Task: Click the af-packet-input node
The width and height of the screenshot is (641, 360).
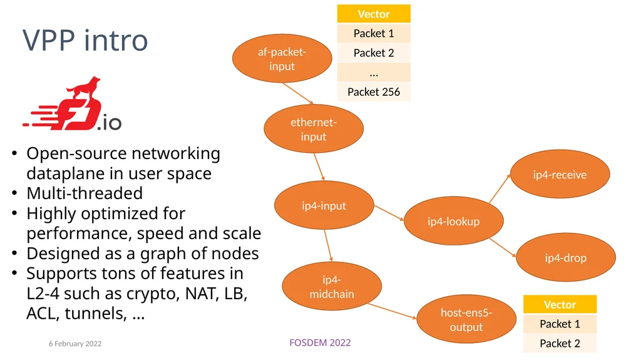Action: click(282, 58)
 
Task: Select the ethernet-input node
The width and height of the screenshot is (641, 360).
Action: click(314, 129)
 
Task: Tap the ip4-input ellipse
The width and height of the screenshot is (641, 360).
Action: click(324, 205)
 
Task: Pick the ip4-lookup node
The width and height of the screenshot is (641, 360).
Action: click(454, 221)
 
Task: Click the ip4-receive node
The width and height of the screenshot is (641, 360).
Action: click(560, 174)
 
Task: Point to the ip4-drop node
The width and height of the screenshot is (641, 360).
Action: click(566, 257)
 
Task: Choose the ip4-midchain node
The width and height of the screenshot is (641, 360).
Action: click(332, 286)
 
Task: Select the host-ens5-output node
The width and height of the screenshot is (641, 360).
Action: click(466, 319)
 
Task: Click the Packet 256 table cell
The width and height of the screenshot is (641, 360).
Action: click(374, 91)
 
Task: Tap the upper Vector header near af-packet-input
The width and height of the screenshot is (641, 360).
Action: click(374, 14)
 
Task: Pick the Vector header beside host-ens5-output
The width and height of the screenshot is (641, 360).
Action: click(560, 304)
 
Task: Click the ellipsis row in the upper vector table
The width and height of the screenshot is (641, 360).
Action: click(374, 73)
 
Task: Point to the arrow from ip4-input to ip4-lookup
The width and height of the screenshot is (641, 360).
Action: click(389, 213)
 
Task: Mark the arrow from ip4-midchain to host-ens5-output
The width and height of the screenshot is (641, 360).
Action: click(392, 311)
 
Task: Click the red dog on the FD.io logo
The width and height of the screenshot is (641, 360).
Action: click(84, 88)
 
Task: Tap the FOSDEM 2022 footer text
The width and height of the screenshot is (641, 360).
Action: click(320, 343)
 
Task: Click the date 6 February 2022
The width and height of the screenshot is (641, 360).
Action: click(75, 344)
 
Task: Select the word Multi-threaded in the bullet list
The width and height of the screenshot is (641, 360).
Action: click(85, 193)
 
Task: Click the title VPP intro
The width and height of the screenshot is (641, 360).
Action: click(85, 41)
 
